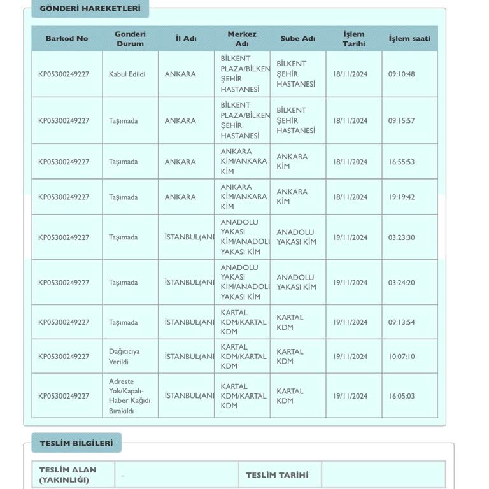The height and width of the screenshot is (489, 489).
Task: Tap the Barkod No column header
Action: [67, 38]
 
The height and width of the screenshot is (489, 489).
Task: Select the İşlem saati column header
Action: [409, 38]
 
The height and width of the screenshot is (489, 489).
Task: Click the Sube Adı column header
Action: [298, 38]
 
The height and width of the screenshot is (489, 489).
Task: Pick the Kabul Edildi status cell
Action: [127, 74]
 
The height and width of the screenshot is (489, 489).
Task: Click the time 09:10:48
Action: [401, 74]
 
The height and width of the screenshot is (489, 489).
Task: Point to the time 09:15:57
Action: [401, 120]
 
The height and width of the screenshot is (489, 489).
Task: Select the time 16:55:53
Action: [401, 162]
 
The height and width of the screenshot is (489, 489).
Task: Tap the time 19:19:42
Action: [401, 197]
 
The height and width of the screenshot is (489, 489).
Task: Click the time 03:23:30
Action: [401, 237]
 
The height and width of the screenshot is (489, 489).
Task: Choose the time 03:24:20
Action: [401, 283]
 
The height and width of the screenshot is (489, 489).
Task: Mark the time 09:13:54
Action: [401, 322]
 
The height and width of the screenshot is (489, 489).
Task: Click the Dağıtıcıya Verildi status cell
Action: [124, 357]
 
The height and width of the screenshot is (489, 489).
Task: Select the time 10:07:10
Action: [401, 357]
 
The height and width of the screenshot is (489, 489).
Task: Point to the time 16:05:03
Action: [401, 396]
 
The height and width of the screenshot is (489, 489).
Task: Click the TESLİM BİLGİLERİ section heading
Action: [76, 443]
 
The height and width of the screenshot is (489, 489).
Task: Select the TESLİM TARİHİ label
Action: [277, 475]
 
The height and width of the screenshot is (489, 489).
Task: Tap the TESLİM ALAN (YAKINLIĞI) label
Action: [68, 475]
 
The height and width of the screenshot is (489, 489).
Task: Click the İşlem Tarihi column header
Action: [354, 38]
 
